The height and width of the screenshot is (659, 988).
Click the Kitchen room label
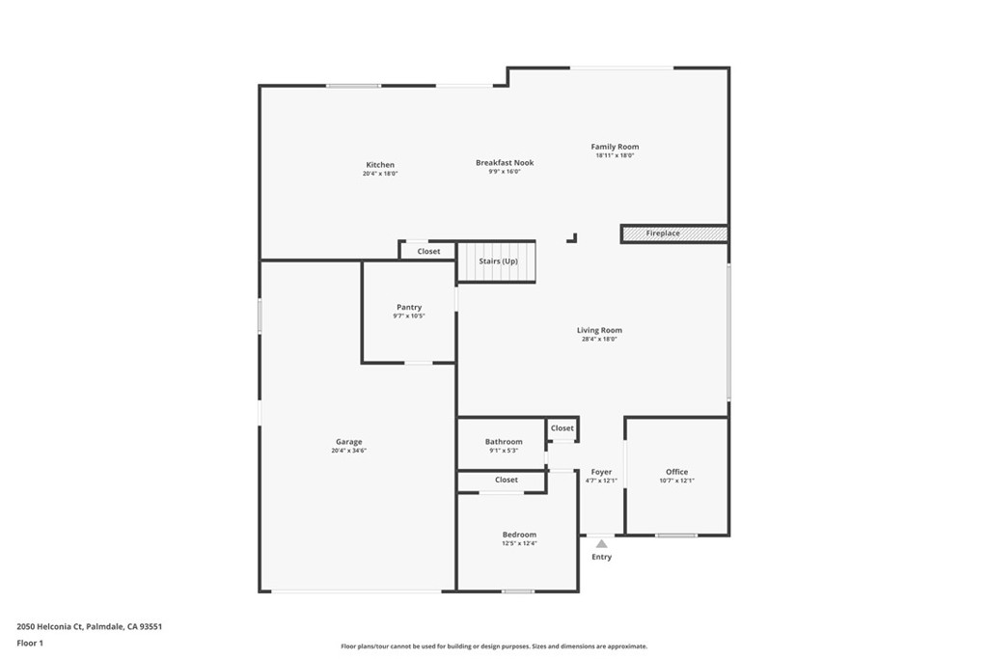point(380,165)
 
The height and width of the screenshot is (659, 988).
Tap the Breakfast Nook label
point(505,162)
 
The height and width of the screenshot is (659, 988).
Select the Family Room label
point(615,147)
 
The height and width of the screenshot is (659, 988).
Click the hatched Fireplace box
point(674,233)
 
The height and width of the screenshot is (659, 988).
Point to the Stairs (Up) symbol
point(497,261)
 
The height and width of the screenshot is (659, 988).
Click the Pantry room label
point(409,308)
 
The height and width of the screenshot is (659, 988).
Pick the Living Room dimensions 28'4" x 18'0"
point(599,339)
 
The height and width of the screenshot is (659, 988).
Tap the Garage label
point(348,442)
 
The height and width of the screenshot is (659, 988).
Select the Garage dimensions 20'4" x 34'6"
point(348,451)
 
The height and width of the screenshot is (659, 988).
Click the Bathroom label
point(504,442)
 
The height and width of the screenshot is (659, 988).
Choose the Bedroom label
point(519,535)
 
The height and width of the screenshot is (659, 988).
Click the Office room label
point(676,472)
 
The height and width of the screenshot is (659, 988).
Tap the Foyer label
point(601,472)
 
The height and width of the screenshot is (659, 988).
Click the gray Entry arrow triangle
point(602,544)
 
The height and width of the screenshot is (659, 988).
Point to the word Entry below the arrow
point(601,557)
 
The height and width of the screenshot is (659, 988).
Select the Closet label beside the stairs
point(428,252)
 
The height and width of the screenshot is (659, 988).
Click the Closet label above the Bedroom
point(506,481)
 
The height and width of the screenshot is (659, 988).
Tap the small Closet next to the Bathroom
point(563,428)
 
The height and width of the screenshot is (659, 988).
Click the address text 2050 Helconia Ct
point(50,627)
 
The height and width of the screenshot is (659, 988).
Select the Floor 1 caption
point(30,644)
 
